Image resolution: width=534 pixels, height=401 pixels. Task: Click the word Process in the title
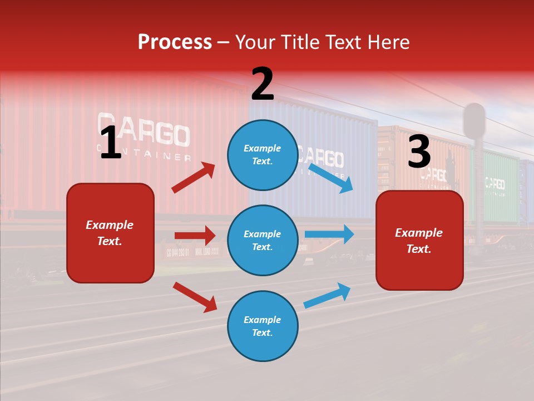coord(175,42)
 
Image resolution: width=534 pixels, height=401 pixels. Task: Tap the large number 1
coord(111,144)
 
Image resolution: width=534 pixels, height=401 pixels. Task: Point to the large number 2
coord(263,85)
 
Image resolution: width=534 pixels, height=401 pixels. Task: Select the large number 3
coord(419,152)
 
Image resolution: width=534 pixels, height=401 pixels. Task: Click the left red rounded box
coord(110,233)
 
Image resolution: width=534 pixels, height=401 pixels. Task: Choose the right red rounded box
coord(419,241)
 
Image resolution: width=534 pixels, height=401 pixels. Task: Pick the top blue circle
coord(263,155)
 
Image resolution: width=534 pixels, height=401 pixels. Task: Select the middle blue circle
coord(263,241)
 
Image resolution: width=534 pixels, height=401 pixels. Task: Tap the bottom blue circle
coord(263,326)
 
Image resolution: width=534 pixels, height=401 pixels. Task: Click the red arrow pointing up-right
coord(194,177)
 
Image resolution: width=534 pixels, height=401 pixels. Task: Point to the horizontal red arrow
coord(195,236)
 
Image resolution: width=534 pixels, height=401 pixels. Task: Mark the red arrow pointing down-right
coord(195,297)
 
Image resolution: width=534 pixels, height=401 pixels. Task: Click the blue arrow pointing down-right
coord(331,178)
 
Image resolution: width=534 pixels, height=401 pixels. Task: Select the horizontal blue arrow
coord(329,234)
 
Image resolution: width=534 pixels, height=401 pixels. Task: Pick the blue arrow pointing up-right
coord(328,295)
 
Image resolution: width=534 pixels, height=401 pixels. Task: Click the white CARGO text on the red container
coord(144,131)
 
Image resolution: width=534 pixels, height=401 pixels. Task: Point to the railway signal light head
coord(474,120)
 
